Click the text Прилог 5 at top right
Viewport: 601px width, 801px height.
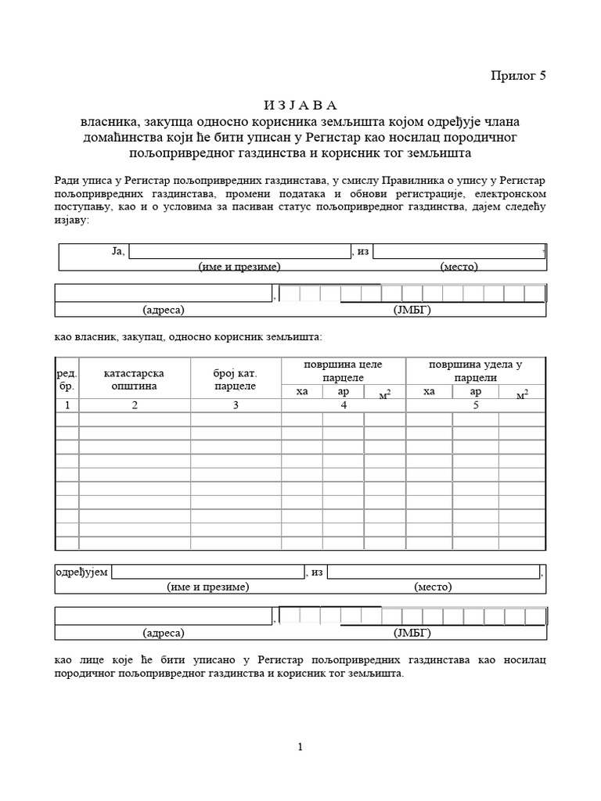tap(516, 75)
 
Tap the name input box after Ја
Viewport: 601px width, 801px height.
tap(239, 251)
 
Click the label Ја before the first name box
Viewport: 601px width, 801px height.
tap(118, 251)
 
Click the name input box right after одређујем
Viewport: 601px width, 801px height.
tap(207, 572)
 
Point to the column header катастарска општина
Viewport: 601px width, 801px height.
tap(134, 379)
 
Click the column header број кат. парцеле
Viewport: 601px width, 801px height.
tap(235, 379)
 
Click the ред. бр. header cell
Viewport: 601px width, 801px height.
tap(67, 379)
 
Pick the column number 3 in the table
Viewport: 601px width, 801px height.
tap(235, 404)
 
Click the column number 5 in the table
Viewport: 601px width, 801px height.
tap(475, 404)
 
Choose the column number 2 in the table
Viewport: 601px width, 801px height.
tap(134, 404)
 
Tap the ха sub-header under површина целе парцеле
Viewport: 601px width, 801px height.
tap(303, 391)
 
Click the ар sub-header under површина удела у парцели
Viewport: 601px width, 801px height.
tap(475, 391)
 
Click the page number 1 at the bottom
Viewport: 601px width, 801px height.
tap(300, 747)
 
